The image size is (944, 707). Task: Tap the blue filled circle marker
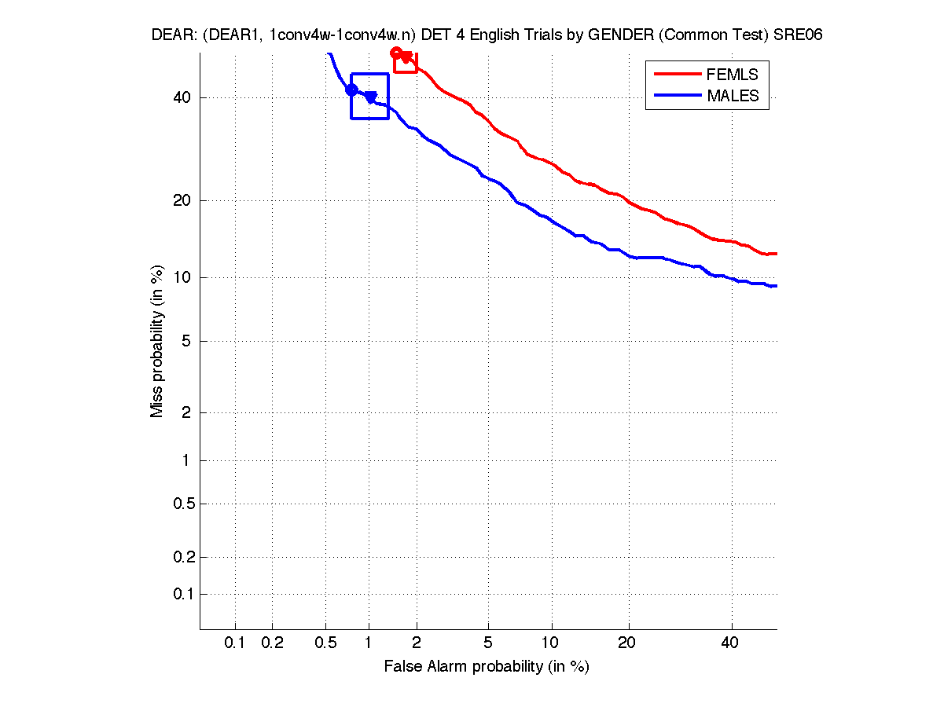[x=351, y=90]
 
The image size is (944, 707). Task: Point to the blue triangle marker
[x=370, y=97]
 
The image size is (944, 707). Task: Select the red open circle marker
[x=397, y=53]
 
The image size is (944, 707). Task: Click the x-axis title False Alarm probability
[x=487, y=666]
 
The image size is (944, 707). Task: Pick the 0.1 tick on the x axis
[x=235, y=643]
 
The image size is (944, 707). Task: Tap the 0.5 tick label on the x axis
[x=325, y=643]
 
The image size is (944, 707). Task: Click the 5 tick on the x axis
[x=488, y=643]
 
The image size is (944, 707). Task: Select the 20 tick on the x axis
[x=626, y=643]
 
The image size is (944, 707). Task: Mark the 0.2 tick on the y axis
[x=182, y=557]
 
